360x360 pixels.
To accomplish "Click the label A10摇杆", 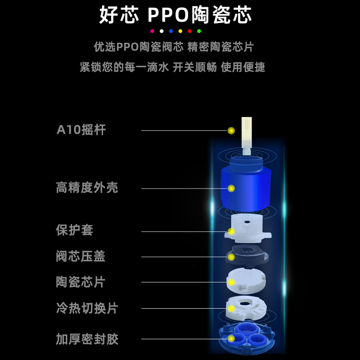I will tap(81, 130).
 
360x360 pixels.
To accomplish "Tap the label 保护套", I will tap(74, 230).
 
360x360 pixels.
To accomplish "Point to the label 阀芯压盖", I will tap(81, 256).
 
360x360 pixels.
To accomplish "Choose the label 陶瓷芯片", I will tap(81, 282).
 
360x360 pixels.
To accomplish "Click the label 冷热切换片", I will tap(87, 308).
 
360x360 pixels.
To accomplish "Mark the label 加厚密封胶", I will tap(87, 339).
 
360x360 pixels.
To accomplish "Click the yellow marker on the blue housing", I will tap(231, 188).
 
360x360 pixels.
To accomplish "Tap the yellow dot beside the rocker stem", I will tap(231, 130).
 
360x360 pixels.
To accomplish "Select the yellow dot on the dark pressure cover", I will tap(231, 257).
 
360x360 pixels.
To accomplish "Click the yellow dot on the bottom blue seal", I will tap(231, 338).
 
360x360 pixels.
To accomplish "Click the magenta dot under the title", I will tap(152, 31).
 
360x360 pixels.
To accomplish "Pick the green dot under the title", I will tap(199, 31).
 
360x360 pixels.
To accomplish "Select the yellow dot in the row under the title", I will tap(180, 31).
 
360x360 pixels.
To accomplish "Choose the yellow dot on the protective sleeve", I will tap(231, 231).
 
